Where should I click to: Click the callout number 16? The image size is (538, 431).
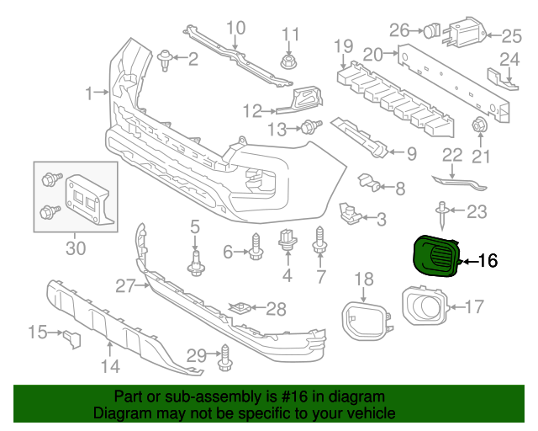488,261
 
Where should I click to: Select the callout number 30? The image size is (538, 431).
76,247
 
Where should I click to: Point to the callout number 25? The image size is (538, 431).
512,36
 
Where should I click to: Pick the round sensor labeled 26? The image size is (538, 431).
431,31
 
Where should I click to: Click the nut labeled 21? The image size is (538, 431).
480,127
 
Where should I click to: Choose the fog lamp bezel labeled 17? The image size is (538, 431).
424,306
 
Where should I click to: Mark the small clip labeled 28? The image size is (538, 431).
242,308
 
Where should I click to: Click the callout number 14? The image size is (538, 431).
110,365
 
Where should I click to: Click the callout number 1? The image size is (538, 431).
89,91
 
